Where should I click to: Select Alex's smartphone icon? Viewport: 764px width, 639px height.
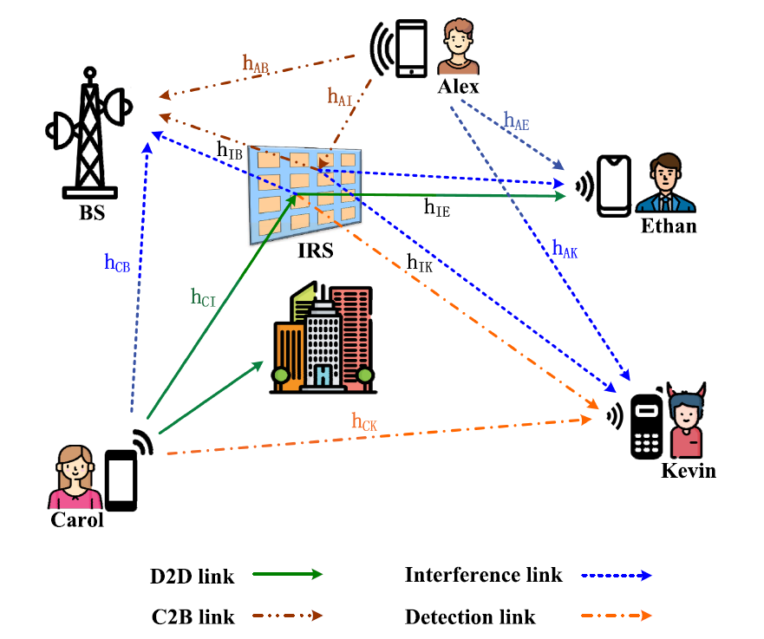point(409,47)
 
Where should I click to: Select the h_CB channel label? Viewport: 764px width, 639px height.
point(117,265)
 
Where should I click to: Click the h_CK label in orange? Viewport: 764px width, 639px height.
point(364,422)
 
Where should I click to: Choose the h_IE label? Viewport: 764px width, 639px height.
point(437,207)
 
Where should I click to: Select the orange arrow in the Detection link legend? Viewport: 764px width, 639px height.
point(616,617)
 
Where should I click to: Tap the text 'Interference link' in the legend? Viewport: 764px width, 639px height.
point(483,574)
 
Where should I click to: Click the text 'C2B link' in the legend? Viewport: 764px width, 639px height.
point(193,617)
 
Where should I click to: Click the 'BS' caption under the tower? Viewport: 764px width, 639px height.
point(92,212)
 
